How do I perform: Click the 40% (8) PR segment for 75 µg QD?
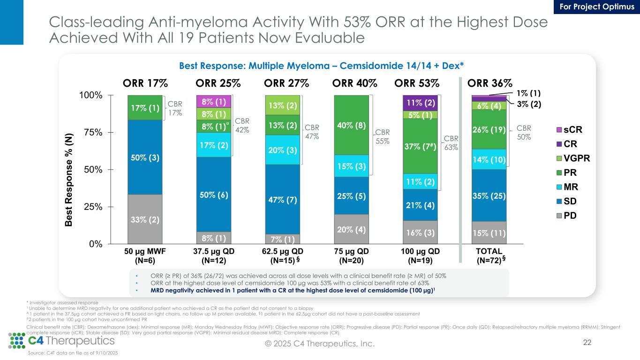point(352,125)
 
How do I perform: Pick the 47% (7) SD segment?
point(283,199)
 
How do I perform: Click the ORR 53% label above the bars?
point(417,83)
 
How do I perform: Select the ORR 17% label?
point(145,83)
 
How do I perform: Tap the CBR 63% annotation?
point(451,143)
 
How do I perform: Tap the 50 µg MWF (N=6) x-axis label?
point(145,255)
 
